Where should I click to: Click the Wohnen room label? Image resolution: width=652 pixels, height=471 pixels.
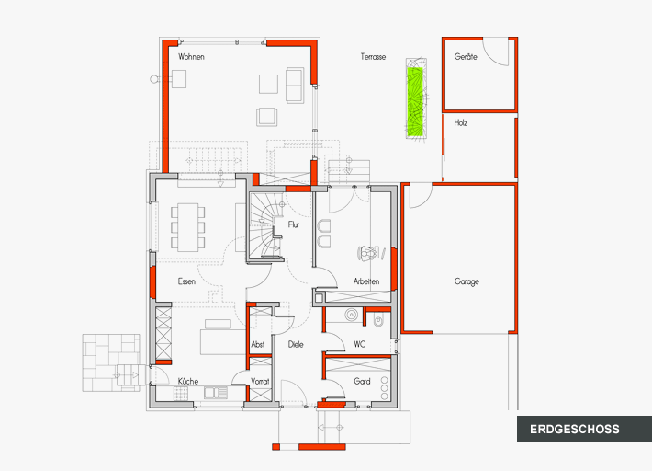[191, 57]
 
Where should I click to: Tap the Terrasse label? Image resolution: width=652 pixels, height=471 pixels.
[373, 57]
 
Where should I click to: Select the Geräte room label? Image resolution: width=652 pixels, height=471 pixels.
[466, 57]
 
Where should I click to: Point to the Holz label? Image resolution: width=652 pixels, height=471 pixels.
[460, 122]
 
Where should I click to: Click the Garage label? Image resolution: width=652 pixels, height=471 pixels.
[466, 281]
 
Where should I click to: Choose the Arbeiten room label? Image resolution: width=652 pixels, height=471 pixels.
[366, 281]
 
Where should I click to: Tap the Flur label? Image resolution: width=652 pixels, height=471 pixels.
[293, 224]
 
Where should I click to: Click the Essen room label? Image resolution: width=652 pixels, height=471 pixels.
[186, 281]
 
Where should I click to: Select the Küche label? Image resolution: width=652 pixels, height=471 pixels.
[188, 381]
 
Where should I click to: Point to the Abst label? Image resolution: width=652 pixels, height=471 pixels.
[258, 345]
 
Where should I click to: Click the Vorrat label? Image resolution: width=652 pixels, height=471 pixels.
[260, 381]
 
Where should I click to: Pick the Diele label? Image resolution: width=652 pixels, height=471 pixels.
[295, 345]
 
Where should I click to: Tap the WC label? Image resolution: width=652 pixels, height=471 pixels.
[360, 345]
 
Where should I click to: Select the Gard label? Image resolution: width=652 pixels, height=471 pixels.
[362, 381]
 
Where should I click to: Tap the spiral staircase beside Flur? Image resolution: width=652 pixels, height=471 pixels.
[264, 225]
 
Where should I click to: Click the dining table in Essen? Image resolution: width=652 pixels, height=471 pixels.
[187, 226]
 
